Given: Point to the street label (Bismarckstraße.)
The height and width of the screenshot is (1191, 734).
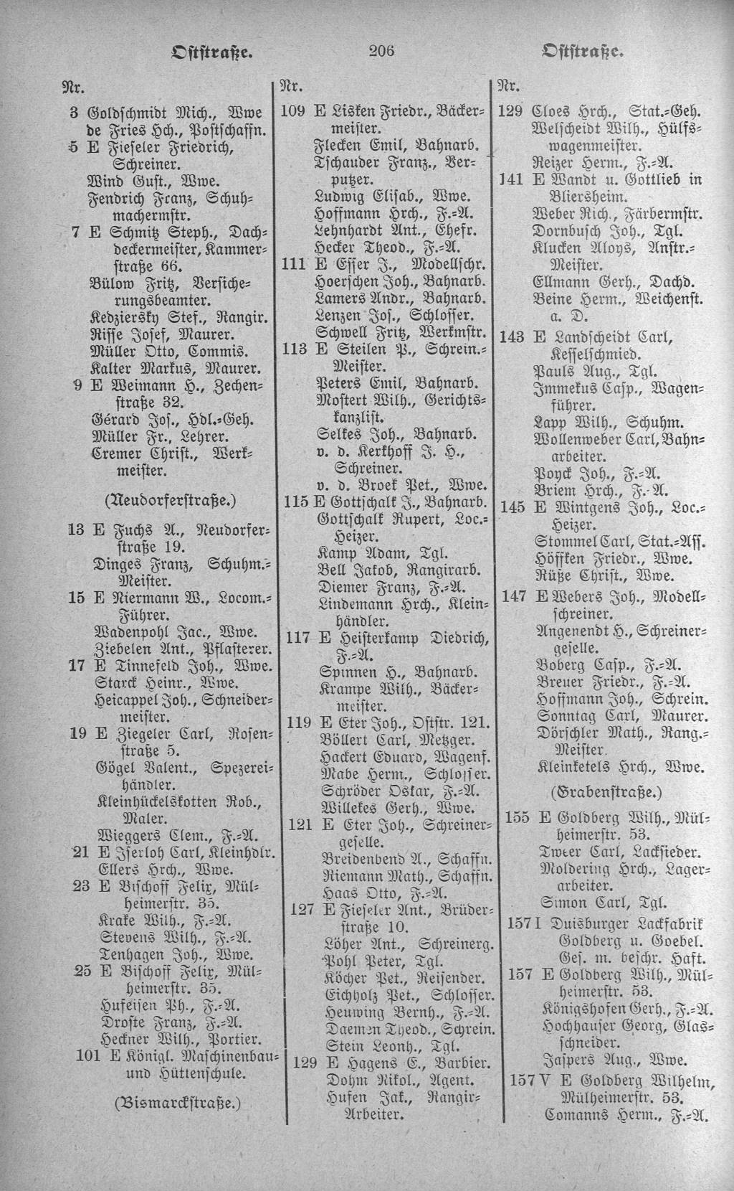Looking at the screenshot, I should pyautogui.click(x=178, y=1101).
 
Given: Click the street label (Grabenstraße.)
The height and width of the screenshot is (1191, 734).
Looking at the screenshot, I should pyautogui.click(x=606, y=793).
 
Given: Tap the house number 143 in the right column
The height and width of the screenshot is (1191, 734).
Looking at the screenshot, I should pyautogui.click(x=512, y=336).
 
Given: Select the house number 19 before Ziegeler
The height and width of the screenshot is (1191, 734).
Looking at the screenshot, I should pyautogui.click(x=79, y=733).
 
